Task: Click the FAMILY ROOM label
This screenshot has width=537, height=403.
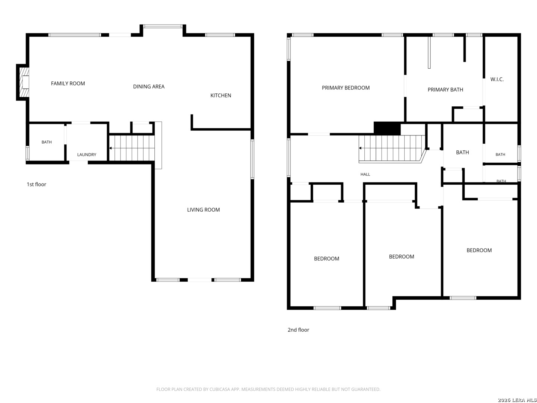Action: [68, 84]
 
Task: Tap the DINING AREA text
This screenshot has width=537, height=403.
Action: [148, 86]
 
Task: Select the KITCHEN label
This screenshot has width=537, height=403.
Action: [220, 95]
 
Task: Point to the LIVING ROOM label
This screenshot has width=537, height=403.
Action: [203, 209]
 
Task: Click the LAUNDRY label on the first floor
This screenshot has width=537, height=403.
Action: [87, 154]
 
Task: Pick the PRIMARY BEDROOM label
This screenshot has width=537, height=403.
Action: [345, 88]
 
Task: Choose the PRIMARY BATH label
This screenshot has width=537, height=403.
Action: [445, 90]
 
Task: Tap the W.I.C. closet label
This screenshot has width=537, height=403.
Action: [497, 79]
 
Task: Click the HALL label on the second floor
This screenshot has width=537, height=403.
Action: [365, 174]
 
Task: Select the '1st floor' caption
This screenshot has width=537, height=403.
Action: [36, 184]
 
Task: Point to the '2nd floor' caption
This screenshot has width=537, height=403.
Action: [298, 329]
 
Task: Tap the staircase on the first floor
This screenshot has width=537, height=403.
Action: [132, 148]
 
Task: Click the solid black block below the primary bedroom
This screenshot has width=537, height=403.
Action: [387, 128]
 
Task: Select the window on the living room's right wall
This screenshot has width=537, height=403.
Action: [252, 159]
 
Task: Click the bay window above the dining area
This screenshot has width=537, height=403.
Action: [163, 26]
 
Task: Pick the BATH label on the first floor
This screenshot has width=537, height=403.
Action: [47, 142]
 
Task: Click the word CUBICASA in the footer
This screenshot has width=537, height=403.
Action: [218, 389]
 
